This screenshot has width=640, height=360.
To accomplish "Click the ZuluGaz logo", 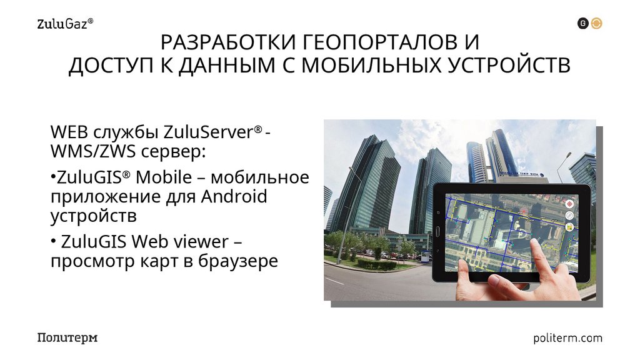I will pos(65,24).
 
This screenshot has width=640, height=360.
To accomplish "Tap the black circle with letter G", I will pos(582,24).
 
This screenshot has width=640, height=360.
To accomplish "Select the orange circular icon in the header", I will pos(597,24).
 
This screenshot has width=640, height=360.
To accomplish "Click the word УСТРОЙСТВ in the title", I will pos(509,66).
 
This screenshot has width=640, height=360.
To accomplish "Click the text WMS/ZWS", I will pos(97,152).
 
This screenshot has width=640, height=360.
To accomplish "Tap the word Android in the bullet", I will pos(234,196).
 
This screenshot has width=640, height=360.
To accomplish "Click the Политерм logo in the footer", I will pos(67,338).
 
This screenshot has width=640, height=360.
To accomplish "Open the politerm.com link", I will pos(568,338).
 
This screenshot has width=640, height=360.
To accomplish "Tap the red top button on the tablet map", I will pos(569,204).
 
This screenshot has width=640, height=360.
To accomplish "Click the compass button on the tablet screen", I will pos(569,216).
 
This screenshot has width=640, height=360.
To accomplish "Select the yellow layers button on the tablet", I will pos(569,227).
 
